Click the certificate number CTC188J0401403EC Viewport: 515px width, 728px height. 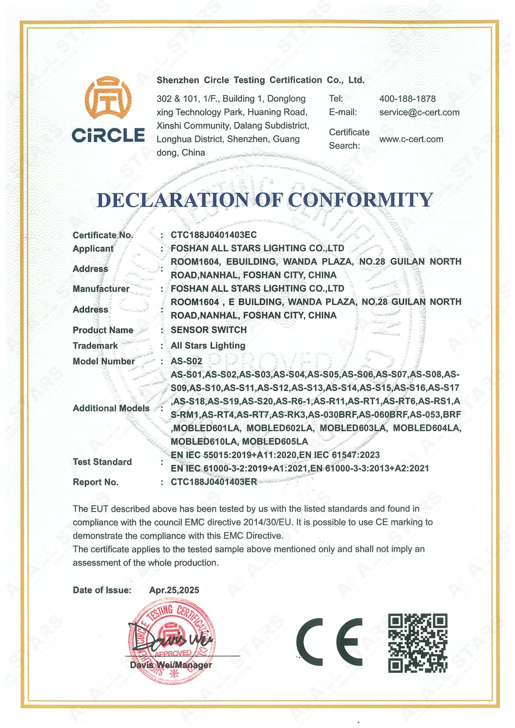coord(214,235)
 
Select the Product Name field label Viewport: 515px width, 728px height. coord(103,330)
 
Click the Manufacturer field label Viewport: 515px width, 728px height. coord(101,289)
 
